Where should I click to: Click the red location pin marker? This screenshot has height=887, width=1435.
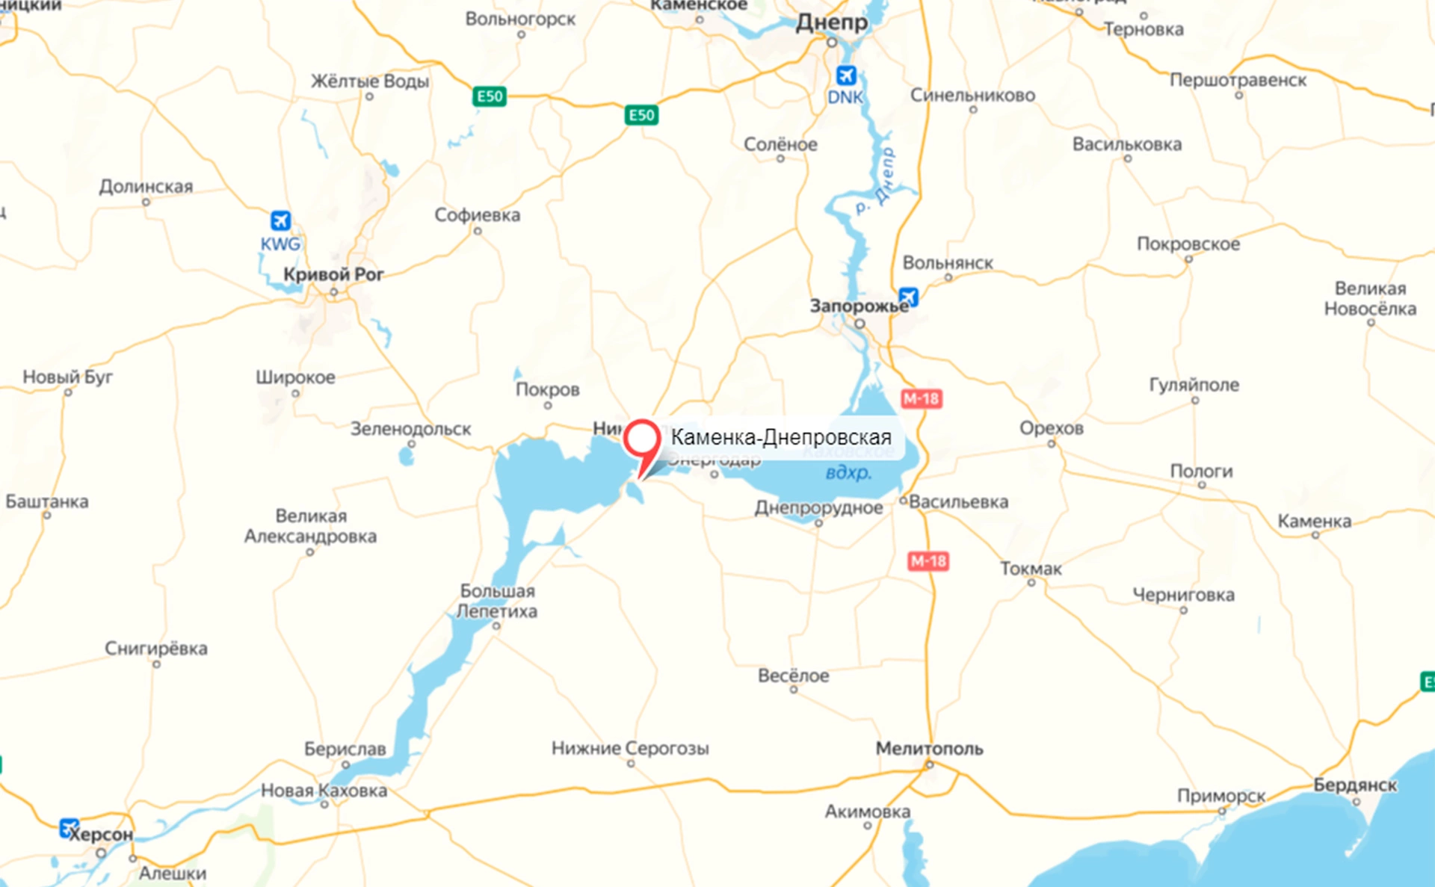point(641,440)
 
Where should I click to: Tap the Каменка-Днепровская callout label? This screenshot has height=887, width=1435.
point(781,437)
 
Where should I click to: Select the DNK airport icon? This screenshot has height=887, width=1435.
point(845,75)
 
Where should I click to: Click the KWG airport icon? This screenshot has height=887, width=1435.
point(280,220)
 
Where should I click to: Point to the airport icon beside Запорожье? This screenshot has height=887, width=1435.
point(908,297)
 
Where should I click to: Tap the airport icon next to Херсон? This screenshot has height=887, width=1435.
point(69,828)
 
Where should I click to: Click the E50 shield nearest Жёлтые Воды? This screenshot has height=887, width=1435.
point(490,96)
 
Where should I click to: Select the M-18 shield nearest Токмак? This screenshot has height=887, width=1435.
point(928,561)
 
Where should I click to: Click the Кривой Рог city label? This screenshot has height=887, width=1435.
point(333,274)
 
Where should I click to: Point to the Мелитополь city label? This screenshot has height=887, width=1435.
point(929,748)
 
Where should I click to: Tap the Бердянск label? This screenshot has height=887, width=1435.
point(1355,785)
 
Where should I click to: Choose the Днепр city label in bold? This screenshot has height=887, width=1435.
point(831,22)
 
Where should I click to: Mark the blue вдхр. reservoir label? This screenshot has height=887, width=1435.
point(848,472)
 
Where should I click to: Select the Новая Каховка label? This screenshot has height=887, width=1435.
point(324,790)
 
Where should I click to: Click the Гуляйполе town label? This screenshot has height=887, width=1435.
point(1194,385)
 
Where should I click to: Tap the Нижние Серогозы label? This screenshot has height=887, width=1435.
point(630,748)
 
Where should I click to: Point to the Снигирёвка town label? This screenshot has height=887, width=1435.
point(155,648)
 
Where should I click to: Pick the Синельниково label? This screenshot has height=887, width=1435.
point(972,95)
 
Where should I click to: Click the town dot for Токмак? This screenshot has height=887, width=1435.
point(1031,583)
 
